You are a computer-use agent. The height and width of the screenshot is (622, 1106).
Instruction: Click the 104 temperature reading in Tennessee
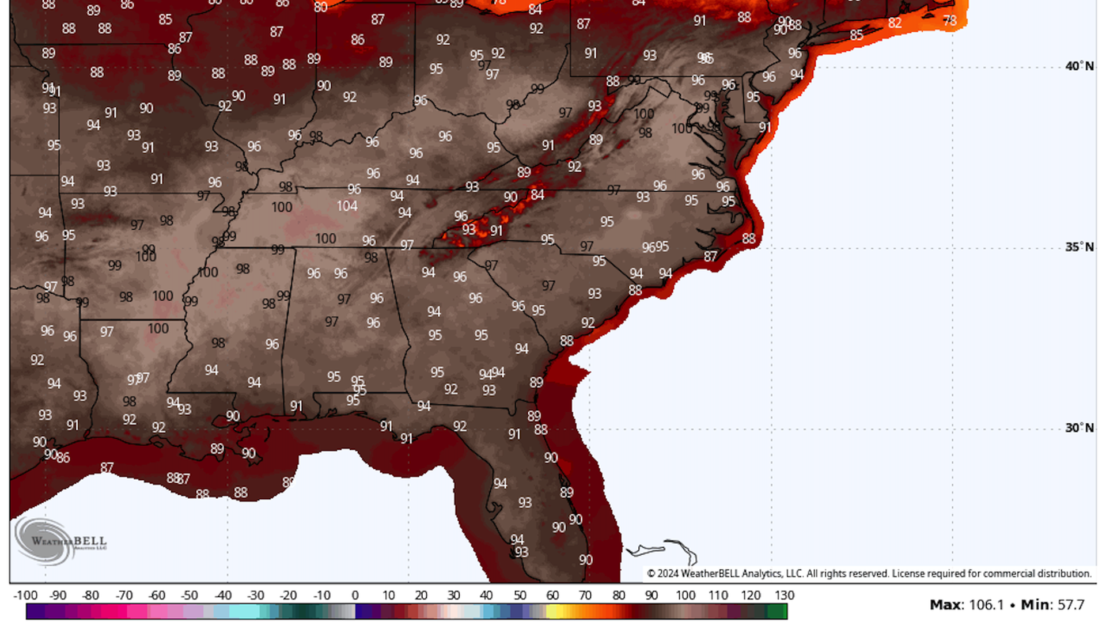347,206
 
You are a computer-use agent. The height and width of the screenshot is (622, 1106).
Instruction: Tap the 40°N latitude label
1079,66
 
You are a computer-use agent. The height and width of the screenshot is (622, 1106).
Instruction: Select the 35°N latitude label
1079,247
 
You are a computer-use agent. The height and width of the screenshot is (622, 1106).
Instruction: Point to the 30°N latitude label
1079,428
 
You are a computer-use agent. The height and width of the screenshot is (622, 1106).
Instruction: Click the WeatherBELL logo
60,541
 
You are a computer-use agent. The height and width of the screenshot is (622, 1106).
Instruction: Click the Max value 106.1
986,605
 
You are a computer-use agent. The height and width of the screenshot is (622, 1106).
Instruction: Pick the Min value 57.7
1070,605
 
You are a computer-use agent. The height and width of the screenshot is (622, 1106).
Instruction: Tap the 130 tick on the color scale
784,596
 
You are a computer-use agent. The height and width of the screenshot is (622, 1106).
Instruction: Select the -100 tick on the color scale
25,596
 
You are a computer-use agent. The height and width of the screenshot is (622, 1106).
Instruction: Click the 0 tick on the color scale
355,596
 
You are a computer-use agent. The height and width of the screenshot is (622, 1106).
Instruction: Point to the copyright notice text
869,574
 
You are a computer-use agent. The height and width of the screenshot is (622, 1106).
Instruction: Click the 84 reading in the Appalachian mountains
537,195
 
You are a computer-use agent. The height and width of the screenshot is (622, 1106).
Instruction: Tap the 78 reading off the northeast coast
949,21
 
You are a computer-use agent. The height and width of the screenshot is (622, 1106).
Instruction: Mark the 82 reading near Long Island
894,23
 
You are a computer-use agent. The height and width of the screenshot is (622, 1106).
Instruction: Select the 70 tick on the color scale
585,596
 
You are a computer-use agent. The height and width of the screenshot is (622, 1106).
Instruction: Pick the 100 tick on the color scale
685,596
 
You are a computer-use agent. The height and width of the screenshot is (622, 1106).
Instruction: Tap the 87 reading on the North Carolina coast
710,256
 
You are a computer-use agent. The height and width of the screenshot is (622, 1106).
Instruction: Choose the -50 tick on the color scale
190,596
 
